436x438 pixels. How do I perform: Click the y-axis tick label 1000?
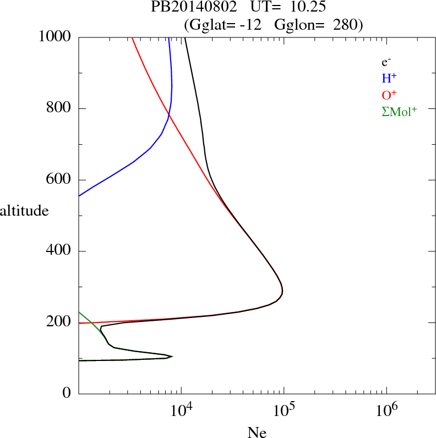click(x=55, y=37)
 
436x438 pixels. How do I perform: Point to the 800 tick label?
click(x=59, y=108)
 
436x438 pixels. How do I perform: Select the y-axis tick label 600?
click(x=59, y=180)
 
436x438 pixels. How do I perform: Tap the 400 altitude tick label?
click(x=59, y=251)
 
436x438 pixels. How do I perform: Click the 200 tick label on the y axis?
click(x=59, y=322)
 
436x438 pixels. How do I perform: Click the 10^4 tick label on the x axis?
click(x=181, y=410)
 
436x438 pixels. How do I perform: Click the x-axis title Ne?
click(x=257, y=432)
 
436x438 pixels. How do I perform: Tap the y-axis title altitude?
click(x=24, y=210)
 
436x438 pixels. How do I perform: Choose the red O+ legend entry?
click(x=389, y=95)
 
